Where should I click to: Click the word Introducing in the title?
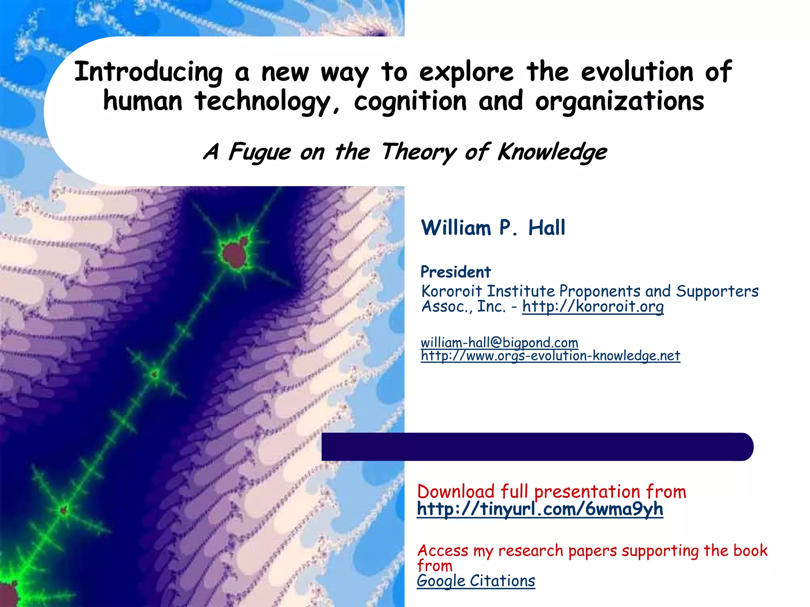tap(148, 72)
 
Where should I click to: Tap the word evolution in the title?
tap(637, 72)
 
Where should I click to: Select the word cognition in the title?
tap(410, 102)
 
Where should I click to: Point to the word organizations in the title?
tap(619, 102)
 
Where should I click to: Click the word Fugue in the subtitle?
tap(259, 152)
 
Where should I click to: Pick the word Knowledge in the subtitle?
tap(552, 152)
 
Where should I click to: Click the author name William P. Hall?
tap(493, 228)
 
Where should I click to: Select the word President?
tap(455, 272)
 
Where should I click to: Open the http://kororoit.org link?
tap(592, 306)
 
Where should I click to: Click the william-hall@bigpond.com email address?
tap(499, 342)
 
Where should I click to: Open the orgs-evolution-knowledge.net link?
tap(550, 356)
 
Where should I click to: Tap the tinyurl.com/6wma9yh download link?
tap(540, 509)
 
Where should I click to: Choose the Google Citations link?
tap(476, 581)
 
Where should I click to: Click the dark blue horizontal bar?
tap(537, 447)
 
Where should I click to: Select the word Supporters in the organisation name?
tap(717, 291)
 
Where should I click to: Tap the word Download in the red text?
tap(456, 492)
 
